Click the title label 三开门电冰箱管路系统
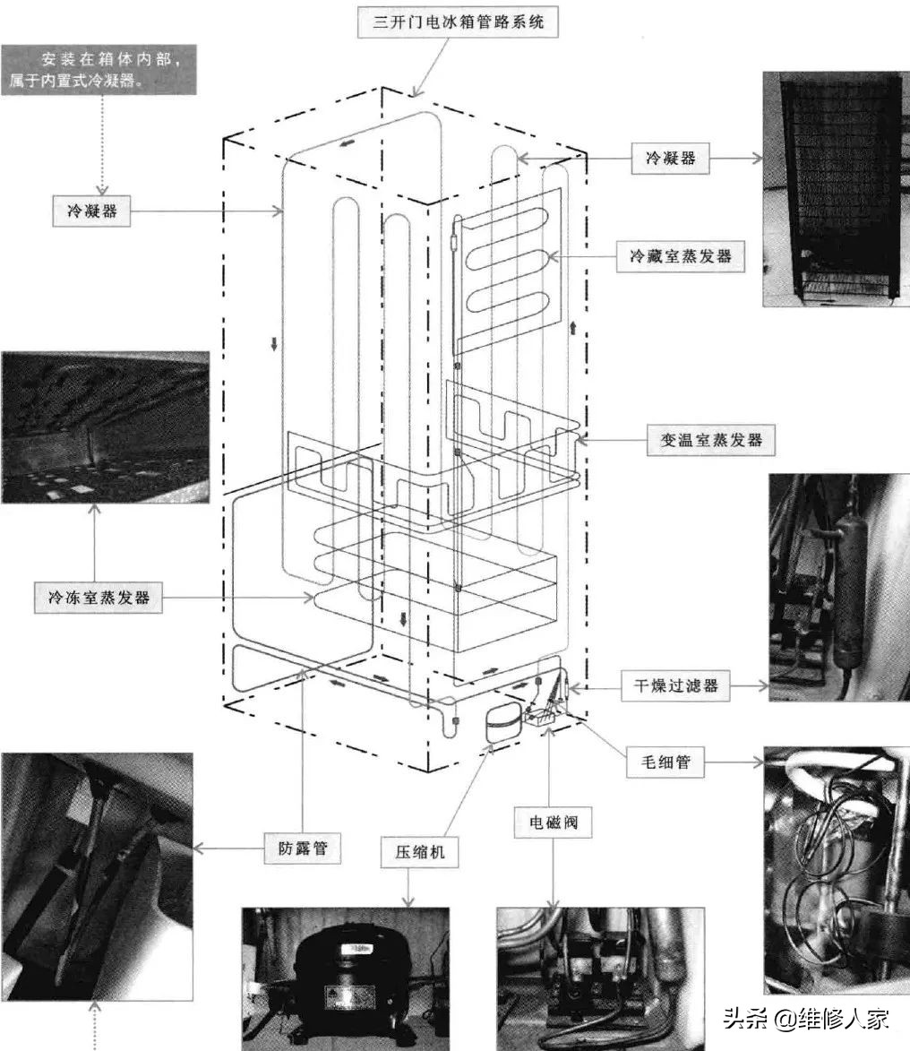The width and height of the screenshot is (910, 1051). point(458,22)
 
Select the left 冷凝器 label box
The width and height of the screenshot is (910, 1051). point(91,211)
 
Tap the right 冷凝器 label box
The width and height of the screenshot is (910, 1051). point(670,159)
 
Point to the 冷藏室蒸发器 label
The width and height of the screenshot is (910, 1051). point(680,256)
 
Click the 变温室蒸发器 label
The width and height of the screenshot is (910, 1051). point(711,440)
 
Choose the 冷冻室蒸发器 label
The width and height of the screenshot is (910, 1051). point(99,598)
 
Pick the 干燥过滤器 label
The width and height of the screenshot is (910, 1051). point(675,685)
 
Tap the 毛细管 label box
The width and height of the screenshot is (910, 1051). point(665,762)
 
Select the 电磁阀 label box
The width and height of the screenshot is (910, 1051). point(553,823)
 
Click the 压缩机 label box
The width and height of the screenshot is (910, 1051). point(419,852)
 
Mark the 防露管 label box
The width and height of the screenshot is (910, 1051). point(302,848)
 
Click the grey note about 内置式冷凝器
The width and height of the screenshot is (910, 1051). point(99,70)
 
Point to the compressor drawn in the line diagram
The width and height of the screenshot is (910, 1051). point(503,723)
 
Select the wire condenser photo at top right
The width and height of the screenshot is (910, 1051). point(836,189)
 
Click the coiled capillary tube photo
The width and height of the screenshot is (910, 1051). point(837,871)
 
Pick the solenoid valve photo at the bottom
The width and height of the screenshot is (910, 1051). point(600,979)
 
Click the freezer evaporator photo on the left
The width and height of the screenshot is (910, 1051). point(105,427)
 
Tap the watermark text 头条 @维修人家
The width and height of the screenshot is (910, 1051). point(806,1019)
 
